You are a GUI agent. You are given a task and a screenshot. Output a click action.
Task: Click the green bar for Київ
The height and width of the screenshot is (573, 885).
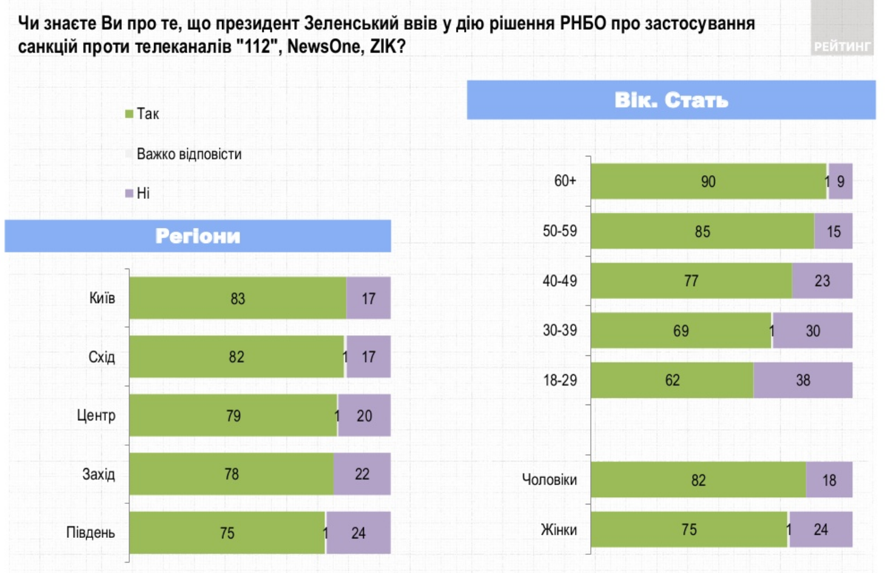tap(237, 298)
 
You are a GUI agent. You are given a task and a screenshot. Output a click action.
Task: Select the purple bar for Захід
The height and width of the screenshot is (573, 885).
tap(362, 474)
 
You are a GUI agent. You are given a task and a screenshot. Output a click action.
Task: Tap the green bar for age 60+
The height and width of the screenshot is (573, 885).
tap(708, 181)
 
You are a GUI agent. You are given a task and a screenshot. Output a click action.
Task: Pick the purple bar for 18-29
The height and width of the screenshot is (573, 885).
tap(803, 380)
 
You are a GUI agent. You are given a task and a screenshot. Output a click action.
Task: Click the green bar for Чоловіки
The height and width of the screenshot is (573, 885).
tap(698, 480)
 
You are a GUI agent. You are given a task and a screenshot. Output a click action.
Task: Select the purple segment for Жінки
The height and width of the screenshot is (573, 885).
tap(820, 529)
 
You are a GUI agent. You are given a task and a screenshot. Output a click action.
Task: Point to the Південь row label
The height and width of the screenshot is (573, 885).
tap(90, 532)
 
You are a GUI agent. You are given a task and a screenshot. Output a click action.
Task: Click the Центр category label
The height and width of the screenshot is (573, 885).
tap(96, 415)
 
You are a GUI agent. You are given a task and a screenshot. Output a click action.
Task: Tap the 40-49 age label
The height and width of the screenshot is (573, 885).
tap(559, 281)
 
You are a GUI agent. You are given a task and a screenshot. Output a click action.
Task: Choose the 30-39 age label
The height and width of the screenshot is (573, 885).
tap(559, 330)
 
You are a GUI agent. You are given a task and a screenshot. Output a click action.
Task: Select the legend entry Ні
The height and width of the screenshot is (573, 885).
tap(143, 193)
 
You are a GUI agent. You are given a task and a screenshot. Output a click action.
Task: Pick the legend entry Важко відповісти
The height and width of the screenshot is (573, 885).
tap(189, 154)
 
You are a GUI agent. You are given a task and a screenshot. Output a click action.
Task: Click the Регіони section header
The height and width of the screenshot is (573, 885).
tap(198, 236)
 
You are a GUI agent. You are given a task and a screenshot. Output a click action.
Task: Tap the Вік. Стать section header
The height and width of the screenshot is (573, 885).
tap(671, 100)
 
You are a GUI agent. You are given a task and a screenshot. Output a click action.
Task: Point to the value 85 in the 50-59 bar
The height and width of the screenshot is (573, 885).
tap(702, 232)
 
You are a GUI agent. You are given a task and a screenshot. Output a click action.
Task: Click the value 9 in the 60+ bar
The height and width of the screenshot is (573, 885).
tap(841, 181)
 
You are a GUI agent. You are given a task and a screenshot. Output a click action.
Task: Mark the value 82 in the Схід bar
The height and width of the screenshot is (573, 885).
tap(236, 357)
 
